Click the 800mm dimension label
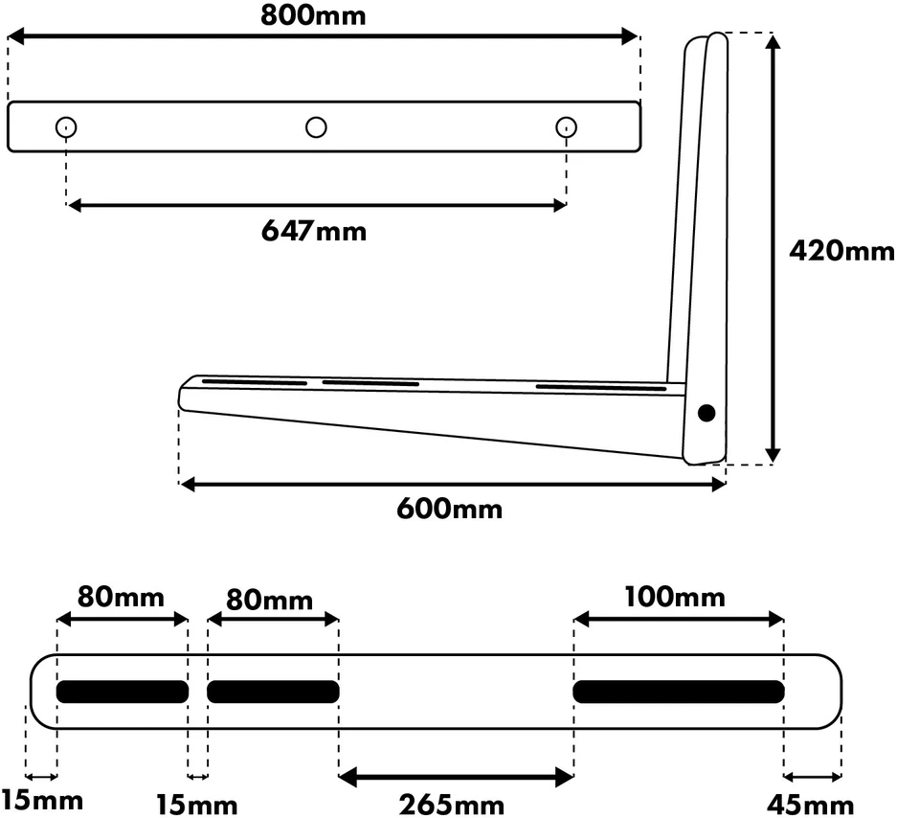[313, 15]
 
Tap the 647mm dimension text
[313, 231]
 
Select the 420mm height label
[841, 251]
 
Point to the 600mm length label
[450, 509]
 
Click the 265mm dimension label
[451, 805]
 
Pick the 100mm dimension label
[675, 597]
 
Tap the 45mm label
[810, 806]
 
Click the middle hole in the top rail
[316, 127]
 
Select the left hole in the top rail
[66, 127]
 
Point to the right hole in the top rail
[567, 127]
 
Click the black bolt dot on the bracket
[706, 413]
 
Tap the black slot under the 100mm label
[679, 692]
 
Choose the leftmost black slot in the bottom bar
[123, 692]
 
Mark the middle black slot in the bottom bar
[273, 692]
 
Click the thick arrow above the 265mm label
[456, 778]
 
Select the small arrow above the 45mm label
[813, 777]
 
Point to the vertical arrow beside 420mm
[773, 248]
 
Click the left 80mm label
[121, 597]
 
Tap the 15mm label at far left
[42, 800]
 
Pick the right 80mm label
[269, 600]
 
